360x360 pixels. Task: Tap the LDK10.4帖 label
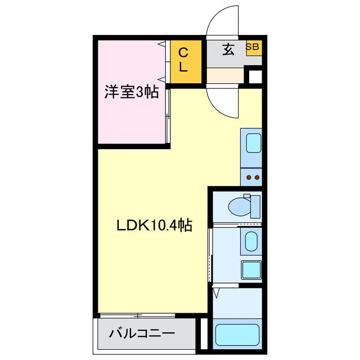(x=155, y=226)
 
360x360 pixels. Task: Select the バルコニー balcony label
(x=138, y=333)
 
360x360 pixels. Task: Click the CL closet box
(x=185, y=60)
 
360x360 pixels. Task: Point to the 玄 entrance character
(x=228, y=50)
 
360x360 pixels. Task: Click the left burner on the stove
(x=247, y=178)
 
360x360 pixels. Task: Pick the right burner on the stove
(x=256, y=178)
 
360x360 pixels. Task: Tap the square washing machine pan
(x=250, y=269)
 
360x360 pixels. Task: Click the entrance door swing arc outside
(x=221, y=25)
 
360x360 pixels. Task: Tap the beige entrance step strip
(x=225, y=75)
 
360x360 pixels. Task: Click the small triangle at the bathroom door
(x=217, y=292)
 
